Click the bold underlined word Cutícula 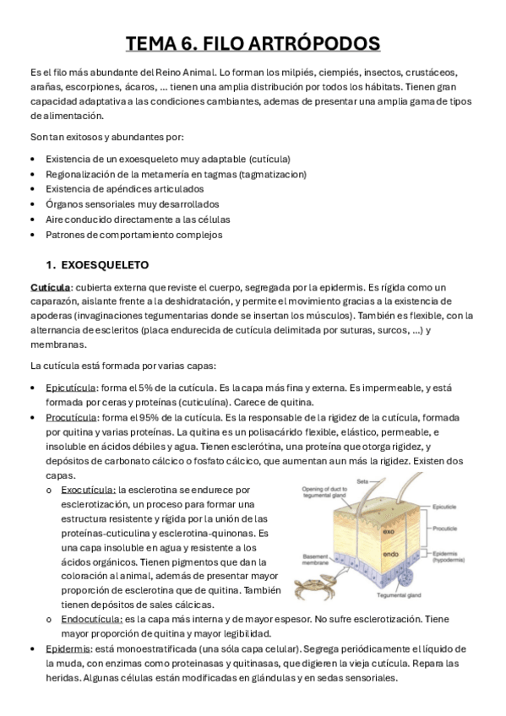tap(50, 288)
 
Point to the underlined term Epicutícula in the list tap(72, 387)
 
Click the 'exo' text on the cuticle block tap(384, 532)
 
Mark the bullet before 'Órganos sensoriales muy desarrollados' tap(33, 204)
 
